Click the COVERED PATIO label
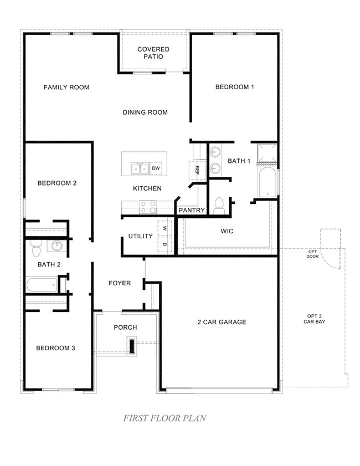coord(153,53)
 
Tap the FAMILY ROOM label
coord(66,88)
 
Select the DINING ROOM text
coord(145,112)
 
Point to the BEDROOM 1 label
coord(235,87)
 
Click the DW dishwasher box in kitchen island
coord(156,168)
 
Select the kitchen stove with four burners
coord(148,207)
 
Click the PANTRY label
coord(192,211)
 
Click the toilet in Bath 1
coord(219,205)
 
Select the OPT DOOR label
coord(313,254)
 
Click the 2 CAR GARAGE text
coord(222,322)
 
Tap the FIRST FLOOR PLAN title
coord(165,418)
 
